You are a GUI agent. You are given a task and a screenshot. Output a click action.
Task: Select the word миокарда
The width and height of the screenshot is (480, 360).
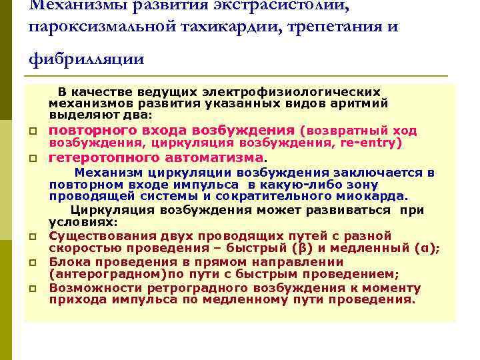click(380, 196)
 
